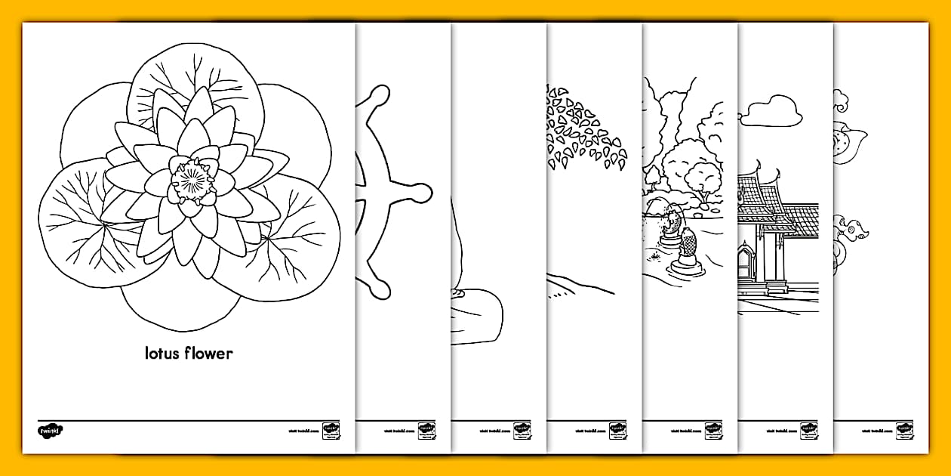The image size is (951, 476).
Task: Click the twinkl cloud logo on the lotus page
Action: (x=51, y=431)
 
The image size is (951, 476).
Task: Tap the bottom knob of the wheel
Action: (x=380, y=286)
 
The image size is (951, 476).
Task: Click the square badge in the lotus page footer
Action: (x=330, y=431)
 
